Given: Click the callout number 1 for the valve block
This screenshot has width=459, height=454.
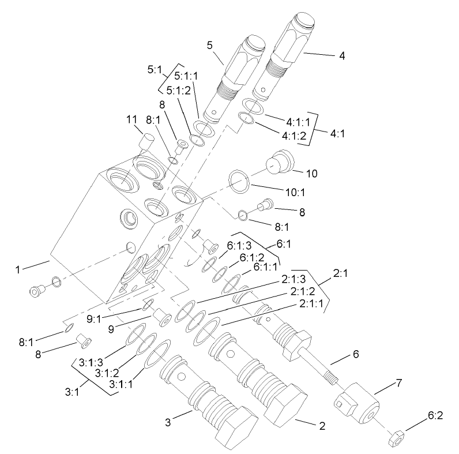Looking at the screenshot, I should [18, 268].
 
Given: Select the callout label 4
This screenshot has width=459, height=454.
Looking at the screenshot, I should [342, 56].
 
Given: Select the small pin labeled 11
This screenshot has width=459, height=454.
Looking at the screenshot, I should [147, 140].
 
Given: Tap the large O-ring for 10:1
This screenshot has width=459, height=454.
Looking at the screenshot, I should [239, 181].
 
